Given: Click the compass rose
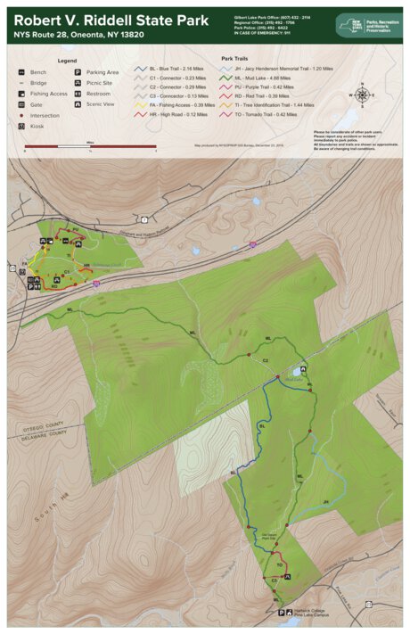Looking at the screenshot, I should [x=362, y=93].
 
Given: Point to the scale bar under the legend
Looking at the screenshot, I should [x=89, y=145].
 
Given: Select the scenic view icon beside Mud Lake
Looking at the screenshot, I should [x=304, y=367].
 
